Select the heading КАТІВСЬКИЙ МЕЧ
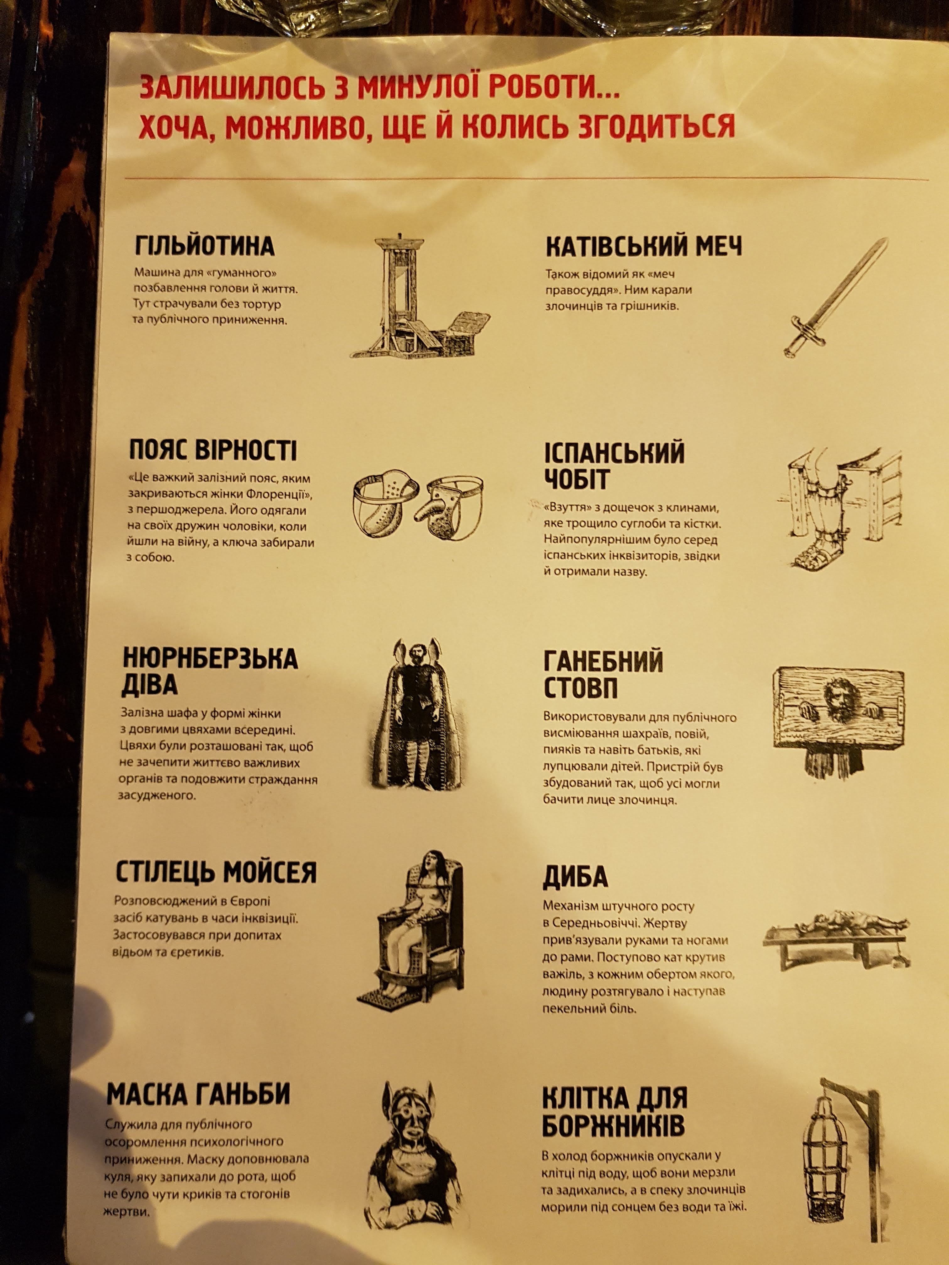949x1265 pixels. tap(644, 247)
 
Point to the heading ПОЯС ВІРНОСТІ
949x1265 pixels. tap(213, 451)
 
